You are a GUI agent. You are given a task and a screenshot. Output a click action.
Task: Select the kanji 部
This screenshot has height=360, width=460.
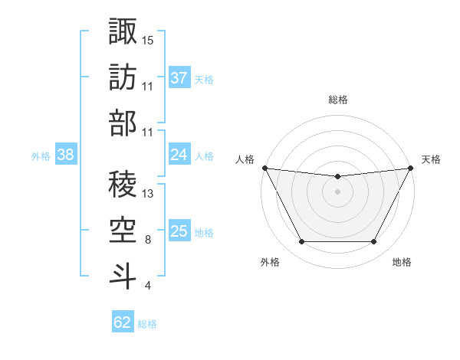123,123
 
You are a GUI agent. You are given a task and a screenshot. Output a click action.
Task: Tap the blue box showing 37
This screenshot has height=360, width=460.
179,78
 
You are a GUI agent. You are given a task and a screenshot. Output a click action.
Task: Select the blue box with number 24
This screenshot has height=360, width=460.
179,155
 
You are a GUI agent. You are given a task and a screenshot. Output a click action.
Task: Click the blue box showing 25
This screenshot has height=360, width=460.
179,231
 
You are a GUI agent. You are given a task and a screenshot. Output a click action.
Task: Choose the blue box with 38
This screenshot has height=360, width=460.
66,155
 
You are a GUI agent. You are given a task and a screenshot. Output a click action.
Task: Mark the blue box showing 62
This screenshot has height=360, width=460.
123,322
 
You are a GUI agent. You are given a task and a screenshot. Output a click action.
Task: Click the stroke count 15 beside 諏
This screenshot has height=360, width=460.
148,40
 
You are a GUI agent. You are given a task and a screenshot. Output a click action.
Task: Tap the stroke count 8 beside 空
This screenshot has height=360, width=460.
147,240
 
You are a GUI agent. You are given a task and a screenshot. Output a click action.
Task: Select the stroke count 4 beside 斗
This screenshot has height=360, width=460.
147,286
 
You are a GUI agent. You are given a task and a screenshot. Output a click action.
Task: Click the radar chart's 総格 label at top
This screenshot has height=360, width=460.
337,100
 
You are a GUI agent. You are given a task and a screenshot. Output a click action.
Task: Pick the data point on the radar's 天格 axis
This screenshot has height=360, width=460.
410,168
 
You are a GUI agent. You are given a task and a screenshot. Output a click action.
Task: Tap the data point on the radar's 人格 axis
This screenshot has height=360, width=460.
264,168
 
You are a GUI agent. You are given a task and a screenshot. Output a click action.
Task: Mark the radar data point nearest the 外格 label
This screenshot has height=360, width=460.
301,242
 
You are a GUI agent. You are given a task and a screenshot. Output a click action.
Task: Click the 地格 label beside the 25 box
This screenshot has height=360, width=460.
204,232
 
